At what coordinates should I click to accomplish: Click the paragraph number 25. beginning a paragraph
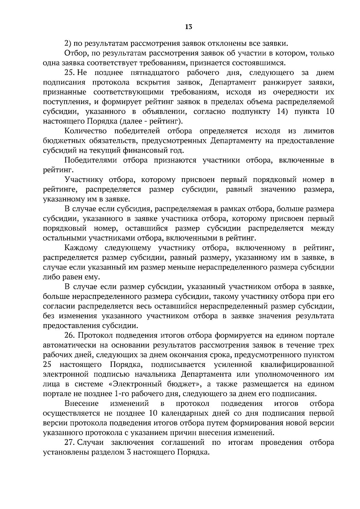[70, 73]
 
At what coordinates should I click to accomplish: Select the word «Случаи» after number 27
[91, 442]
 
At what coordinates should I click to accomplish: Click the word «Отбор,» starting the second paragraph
[74, 53]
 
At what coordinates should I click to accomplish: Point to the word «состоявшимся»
[262, 63]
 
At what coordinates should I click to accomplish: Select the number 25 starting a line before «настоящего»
[48, 365]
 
